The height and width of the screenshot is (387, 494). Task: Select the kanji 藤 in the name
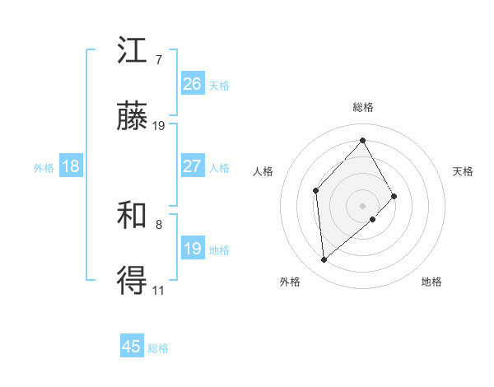[x=133, y=117]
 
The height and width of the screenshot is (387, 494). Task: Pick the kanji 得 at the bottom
[x=133, y=282]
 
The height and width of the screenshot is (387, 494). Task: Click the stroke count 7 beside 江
[x=158, y=60]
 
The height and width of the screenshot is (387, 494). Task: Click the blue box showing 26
[x=193, y=84]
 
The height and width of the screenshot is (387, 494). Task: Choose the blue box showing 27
[x=193, y=166]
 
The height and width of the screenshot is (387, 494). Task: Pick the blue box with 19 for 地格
[x=193, y=249]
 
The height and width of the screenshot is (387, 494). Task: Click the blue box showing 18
[x=71, y=166]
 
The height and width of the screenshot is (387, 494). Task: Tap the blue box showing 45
[x=132, y=347]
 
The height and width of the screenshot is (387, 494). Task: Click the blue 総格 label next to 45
[x=158, y=348]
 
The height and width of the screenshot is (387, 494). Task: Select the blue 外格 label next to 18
[x=44, y=168]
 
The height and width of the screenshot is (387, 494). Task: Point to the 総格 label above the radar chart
[x=362, y=107]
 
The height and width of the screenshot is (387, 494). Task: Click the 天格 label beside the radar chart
[x=463, y=171]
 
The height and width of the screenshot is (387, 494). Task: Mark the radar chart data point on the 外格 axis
[x=324, y=260]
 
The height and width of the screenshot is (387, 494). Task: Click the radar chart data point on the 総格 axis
[x=362, y=140]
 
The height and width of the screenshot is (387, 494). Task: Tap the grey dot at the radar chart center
[x=362, y=204]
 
